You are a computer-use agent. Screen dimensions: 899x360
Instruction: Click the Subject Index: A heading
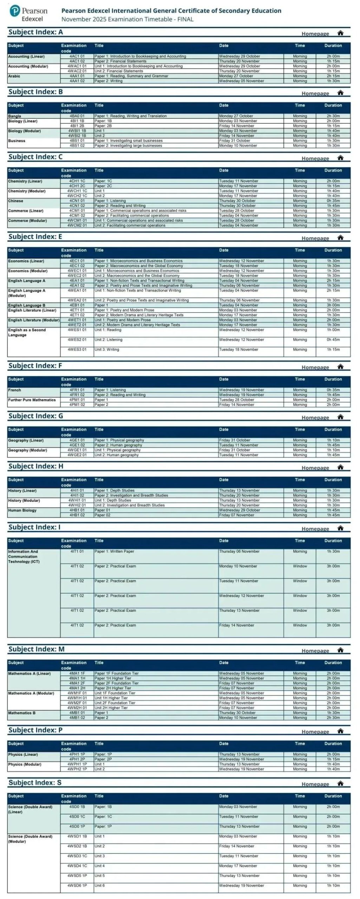click(x=35, y=32)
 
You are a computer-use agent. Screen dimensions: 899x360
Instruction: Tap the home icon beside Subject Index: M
click(x=340, y=650)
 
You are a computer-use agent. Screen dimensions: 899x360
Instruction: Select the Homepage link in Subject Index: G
click(x=315, y=418)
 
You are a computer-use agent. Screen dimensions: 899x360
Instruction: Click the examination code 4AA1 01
click(x=77, y=76)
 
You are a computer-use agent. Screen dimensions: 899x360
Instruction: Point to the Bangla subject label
click(x=15, y=116)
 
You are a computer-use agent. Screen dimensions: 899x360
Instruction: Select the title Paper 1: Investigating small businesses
click(x=128, y=140)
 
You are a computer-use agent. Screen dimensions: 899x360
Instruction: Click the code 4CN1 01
click(x=77, y=201)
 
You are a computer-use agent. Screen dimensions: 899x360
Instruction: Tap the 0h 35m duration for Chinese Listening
click(x=333, y=201)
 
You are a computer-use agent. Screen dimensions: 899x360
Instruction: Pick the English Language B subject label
click(x=27, y=306)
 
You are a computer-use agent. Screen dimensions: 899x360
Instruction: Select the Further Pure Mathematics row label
click(x=32, y=400)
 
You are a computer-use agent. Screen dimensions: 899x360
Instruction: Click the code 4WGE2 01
click(x=77, y=455)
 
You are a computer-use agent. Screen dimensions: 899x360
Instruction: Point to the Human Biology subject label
click(x=22, y=510)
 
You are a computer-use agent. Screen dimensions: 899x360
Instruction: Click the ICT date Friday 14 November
click(x=236, y=625)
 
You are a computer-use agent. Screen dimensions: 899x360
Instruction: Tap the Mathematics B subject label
click(x=22, y=713)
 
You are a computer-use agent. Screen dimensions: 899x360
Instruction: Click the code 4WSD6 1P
click(x=77, y=885)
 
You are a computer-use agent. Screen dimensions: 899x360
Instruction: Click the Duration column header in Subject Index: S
click(x=333, y=796)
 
